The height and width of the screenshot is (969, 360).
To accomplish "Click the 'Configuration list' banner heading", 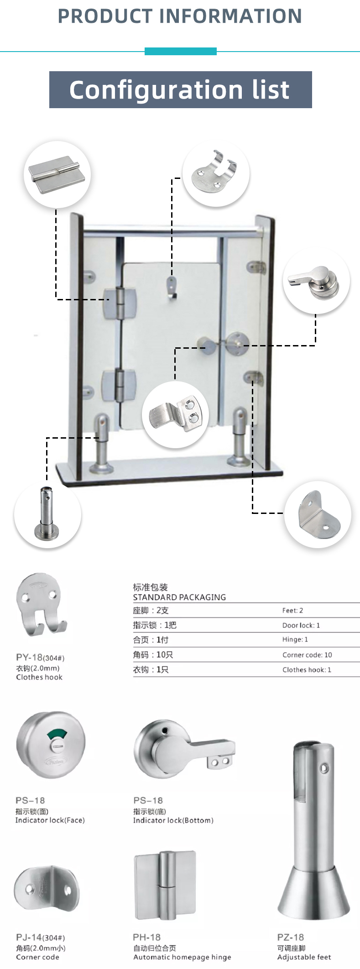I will point(180,90).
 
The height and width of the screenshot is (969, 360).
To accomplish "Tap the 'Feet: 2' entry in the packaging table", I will point(292,610).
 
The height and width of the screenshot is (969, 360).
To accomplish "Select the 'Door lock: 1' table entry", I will point(301,625).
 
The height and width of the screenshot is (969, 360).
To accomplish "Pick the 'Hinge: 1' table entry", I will point(295,639).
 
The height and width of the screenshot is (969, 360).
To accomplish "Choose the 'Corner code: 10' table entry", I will point(307,655).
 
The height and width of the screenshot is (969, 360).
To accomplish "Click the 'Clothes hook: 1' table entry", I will point(307,670).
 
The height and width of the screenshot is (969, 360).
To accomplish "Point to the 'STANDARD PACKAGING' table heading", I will point(179,597).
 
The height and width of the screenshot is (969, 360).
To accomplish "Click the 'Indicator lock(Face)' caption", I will point(50,820).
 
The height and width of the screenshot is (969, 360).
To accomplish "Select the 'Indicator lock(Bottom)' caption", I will point(173,820).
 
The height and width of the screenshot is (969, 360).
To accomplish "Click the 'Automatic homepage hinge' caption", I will point(182,957).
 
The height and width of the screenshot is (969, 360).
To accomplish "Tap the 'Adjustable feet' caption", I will point(304,957).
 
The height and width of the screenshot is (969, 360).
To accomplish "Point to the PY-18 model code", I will point(29,657).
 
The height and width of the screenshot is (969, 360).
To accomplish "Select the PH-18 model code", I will point(147,937).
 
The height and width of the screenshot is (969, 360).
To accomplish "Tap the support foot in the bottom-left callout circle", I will point(47,513).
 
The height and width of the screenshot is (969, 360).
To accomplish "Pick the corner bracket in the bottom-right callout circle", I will point(318,514).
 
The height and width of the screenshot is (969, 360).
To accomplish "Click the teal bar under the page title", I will point(181,52).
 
